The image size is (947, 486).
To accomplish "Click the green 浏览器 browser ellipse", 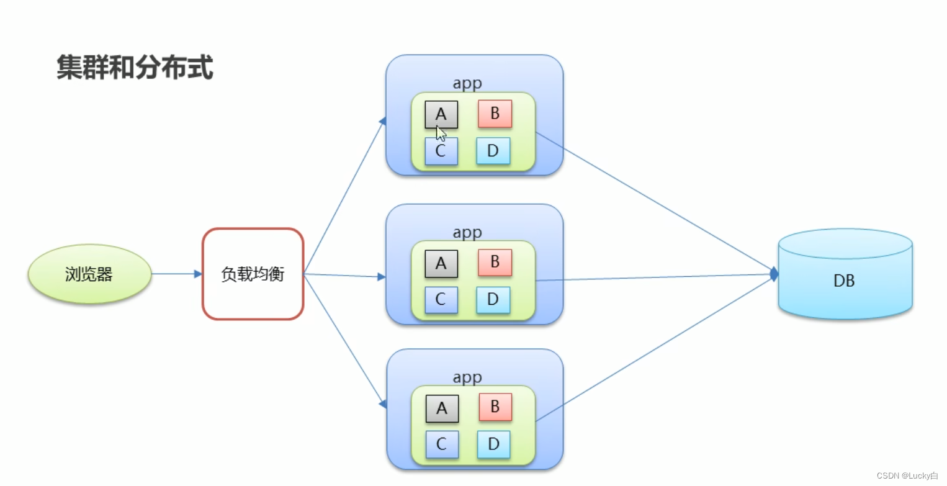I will (x=89, y=274).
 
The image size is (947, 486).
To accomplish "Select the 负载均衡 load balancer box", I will (x=253, y=274).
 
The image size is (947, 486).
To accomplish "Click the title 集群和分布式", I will (x=135, y=68).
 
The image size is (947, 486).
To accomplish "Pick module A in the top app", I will (x=441, y=114).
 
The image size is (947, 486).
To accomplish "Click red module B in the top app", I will (x=495, y=114).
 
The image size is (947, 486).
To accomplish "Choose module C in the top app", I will (x=441, y=151).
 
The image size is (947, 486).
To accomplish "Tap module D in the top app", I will (x=493, y=151).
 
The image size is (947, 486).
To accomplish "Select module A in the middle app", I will (x=441, y=264).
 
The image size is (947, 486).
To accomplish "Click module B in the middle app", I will (x=495, y=263).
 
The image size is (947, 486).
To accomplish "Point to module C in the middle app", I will (x=441, y=300).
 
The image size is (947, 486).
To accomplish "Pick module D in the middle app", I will (x=493, y=300).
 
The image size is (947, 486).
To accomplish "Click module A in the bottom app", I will (x=442, y=408).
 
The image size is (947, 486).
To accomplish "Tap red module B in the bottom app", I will (x=495, y=407).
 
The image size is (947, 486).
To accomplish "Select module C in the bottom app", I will (x=442, y=444).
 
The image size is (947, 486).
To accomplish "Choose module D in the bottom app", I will (x=494, y=444).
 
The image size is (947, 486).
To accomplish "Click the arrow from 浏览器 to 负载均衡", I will (x=176, y=274).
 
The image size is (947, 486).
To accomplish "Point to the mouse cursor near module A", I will (x=441, y=133).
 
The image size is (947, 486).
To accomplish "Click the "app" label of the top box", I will (x=467, y=83).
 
